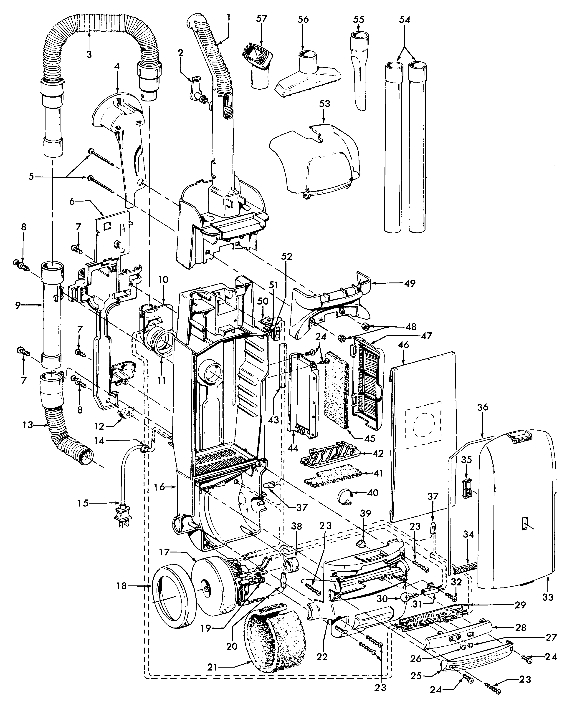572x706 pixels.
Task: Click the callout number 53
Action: click(324, 104)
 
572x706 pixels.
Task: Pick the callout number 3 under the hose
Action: click(89, 54)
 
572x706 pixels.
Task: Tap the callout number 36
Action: click(483, 408)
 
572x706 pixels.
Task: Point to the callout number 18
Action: click(121, 586)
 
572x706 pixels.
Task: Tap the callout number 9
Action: click(18, 305)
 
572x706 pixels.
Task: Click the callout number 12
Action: click(99, 426)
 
